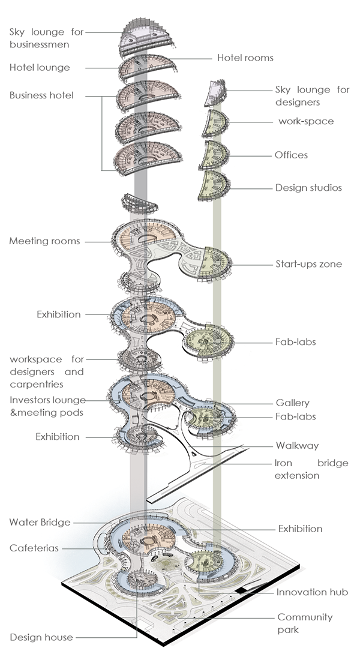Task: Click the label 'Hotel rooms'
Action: [x=245, y=58]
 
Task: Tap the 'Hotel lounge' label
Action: [x=40, y=68]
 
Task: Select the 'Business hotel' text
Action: [x=41, y=95]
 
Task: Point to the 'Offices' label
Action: [x=291, y=155]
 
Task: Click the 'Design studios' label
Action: [x=308, y=188]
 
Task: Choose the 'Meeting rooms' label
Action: [x=44, y=241]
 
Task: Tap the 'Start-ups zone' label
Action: [x=308, y=263]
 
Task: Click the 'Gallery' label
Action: [x=293, y=403]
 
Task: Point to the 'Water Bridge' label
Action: [x=40, y=523]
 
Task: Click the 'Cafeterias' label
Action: [x=34, y=548]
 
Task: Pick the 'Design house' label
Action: [x=41, y=637]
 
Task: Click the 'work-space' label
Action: [x=306, y=121]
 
